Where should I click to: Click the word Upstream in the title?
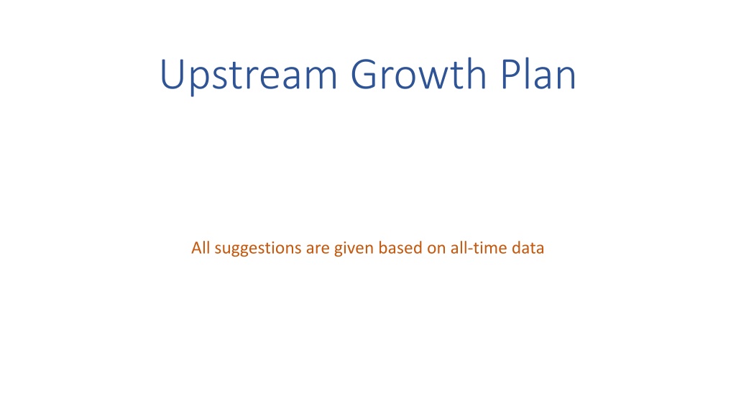click(x=249, y=75)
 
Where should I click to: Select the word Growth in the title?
click(x=419, y=74)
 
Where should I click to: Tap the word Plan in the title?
click(x=538, y=73)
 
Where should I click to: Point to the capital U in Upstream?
click(x=172, y=74)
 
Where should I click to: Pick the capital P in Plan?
click(x=511, y=74)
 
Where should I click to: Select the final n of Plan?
click(x=566, y=78)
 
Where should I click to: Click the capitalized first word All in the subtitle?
click(x=201, y=247)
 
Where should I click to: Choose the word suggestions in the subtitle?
click(x=258, y=249)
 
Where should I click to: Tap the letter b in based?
click(x=384, y=247)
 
